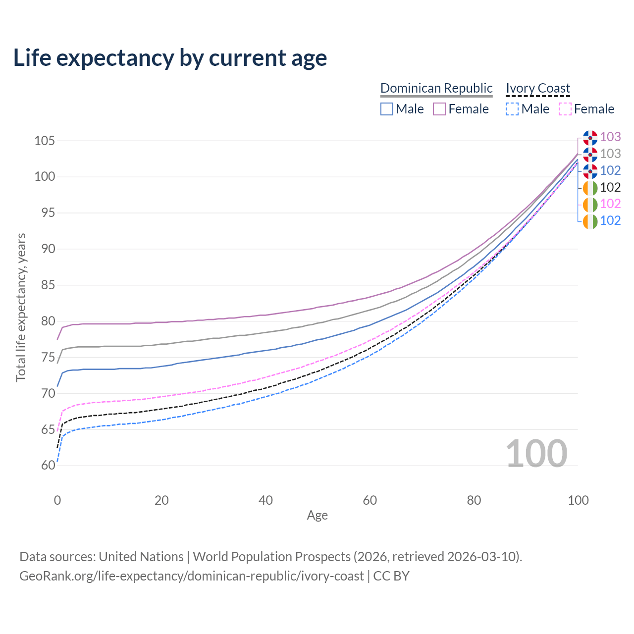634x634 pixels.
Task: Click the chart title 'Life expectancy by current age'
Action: tap(170, 58)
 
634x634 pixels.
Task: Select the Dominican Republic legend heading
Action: tap(436, 88)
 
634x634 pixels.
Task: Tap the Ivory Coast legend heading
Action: tap(538, 88)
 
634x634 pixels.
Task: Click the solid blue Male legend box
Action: tap(387, 109)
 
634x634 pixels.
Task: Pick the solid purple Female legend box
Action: tap(439, 109)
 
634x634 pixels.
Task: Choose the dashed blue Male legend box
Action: tap(512, 109)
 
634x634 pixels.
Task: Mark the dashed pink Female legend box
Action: tap(565, 109)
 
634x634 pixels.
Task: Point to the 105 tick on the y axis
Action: tap(44, 141)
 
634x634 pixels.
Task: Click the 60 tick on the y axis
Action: tap(48, 466)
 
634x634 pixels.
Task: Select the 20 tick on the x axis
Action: tap(161, 500)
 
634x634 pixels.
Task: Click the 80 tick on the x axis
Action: tap(474, 500)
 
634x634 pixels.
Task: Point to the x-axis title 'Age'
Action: tap(317, 516)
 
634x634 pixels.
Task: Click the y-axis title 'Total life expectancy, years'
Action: tap(21, 308)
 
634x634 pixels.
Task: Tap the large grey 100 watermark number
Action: tap(536, 454)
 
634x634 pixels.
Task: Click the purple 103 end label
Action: tap(610, 137)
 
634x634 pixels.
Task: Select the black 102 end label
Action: tap(610, 187)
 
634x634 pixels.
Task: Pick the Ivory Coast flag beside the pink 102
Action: tap(590, 204)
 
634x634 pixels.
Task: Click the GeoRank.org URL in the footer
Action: tap(192, 576)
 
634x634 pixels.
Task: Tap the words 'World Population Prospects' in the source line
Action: tap(271, 557)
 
